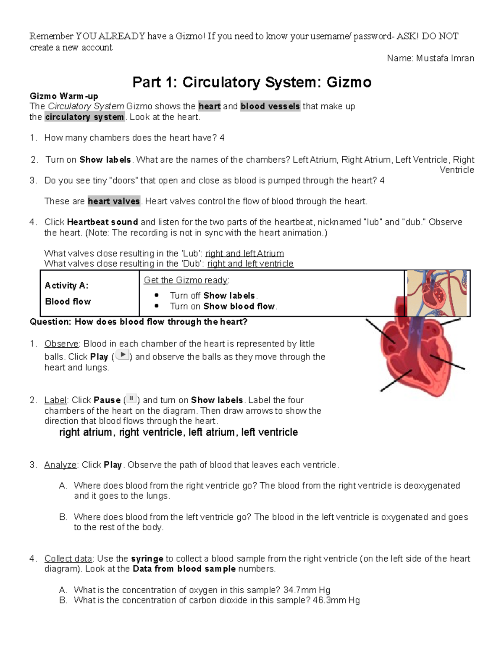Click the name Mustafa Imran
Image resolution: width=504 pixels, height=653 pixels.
click(445, 58)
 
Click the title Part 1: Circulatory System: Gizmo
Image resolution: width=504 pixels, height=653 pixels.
click(252, 82)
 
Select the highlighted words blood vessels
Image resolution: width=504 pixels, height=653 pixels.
click(270, 106)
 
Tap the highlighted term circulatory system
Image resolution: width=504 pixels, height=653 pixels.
click(84, 117)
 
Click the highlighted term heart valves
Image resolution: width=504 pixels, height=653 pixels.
click(114, 201)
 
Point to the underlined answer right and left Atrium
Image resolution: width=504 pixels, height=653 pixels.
click(244, 254)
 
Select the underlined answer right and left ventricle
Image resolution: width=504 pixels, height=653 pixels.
click(250, 264)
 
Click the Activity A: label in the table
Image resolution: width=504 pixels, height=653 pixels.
click(66, 286)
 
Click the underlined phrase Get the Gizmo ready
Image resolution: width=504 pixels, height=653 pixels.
click(186, 280)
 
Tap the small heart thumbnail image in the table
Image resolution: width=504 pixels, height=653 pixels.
click(436, 293)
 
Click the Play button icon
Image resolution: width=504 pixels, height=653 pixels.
click(122, 355)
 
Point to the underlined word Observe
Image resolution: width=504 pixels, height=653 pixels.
click(61, 344)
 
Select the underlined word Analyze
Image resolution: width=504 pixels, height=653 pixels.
click(60, 465)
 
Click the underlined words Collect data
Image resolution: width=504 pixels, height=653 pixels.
click(68, 559)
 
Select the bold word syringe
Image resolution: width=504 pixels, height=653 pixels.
click(147, 559)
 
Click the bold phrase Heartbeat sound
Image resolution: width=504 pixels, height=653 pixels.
click(102, 222)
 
